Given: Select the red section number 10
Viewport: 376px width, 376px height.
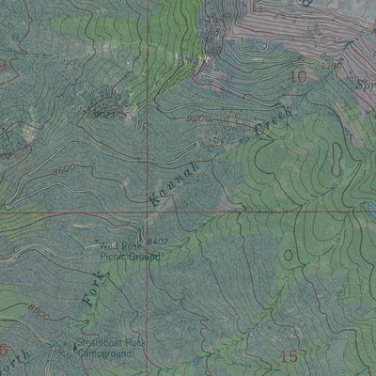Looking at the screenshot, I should click(x=299, y=77).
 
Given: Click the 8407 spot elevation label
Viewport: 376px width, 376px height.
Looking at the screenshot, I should click(x=156, y=242).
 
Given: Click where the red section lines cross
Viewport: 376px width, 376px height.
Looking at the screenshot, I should click(x=148, y=212).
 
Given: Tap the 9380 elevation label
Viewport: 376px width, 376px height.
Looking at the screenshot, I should click(x=331, y=64).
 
